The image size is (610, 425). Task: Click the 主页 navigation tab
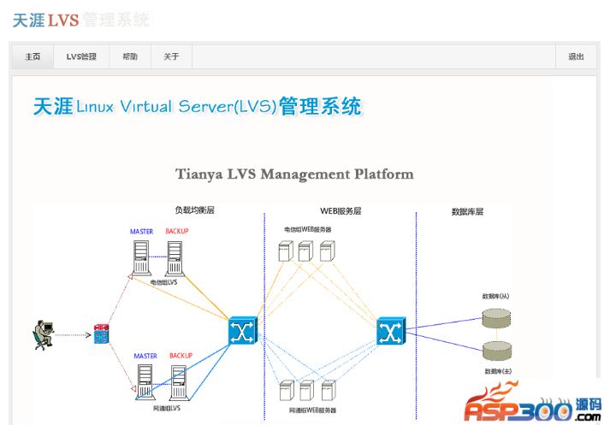[33, 57]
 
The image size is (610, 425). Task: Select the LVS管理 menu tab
[81, 57]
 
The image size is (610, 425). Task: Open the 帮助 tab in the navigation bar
[129, 57]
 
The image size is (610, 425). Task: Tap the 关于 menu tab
[171, 57]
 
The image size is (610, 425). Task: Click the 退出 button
[576, 57]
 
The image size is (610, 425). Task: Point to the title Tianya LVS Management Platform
[294, 174]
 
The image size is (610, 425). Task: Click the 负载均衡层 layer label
[194, 210]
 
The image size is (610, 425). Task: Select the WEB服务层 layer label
[341, 210]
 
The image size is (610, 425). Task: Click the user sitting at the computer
[42, 334]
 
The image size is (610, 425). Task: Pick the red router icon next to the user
[103, 334]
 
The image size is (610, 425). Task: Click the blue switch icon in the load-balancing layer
[242, 331]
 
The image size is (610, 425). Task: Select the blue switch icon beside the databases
[391, 330]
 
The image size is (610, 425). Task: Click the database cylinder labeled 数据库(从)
[495, 317]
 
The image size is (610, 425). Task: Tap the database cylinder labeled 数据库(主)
[495, 351]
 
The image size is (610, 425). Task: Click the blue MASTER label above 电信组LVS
[141, 232]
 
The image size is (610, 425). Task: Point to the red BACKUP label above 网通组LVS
[181, 356]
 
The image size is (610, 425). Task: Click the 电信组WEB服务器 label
[308, 229]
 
